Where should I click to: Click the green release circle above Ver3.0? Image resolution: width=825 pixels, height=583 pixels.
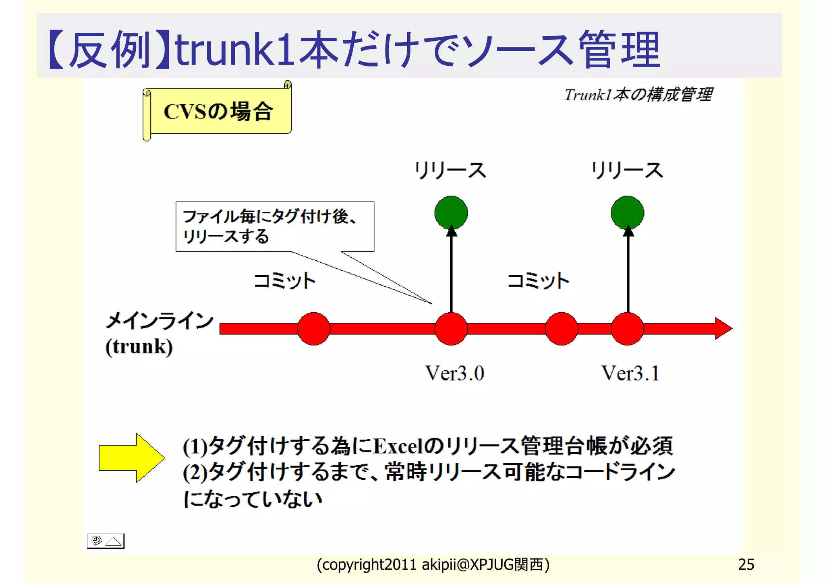click(x=451, y=213)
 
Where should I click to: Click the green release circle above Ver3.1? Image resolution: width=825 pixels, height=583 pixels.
click(x=627, y=213)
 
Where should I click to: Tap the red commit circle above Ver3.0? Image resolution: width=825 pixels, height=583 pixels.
click(x=451, y=329)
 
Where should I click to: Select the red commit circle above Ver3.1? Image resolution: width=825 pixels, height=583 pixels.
click(x=627, y=329)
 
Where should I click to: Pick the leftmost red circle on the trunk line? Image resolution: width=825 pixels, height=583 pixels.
click(x=314, y=329)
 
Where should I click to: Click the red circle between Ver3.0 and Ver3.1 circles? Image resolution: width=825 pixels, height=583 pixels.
click(x=561, y=329)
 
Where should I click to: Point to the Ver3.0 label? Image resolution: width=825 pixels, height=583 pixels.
click(x=455, y=373)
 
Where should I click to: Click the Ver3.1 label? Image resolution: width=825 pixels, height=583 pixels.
click(x=630, y=373)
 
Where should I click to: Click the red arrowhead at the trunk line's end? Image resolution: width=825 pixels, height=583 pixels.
click(x=723, y=328)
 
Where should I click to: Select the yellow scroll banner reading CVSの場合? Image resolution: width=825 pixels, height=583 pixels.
click(x=218, y=111)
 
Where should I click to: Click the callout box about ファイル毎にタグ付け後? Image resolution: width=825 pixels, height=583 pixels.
click(x=275, y=226)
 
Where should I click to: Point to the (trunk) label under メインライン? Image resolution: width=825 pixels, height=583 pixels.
click(x=139, y=346)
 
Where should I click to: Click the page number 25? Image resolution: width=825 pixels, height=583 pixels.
click(x=746, y=564)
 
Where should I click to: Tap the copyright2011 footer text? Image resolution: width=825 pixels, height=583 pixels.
click(x=433, y=564)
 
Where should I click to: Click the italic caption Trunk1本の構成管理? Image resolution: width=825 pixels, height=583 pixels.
click(x=638, y=95)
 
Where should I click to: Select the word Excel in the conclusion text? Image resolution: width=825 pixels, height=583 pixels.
click(x=398, y=446)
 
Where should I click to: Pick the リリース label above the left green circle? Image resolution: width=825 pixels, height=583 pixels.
click(x=451, y=170)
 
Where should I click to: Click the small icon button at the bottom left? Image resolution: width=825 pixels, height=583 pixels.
click(x=106, y=541)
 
